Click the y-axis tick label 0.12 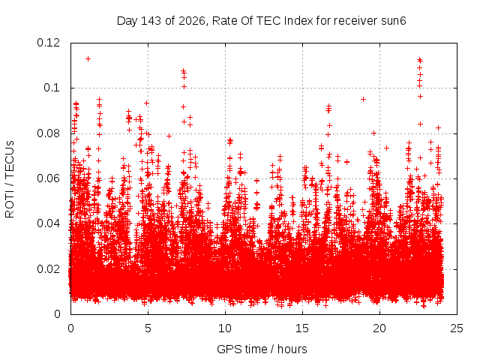tap(48, 43)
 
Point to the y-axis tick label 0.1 tap(52, 88)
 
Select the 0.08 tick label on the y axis tap(48, 133)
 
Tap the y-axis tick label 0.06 tap(48, 178)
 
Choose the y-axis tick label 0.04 tap(48, 223)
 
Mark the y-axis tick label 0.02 tap(48, 269)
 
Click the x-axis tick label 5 tap(148, 328)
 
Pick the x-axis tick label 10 tap(225, 328)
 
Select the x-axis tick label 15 tap(302, 328)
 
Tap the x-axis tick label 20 tap(379, 328)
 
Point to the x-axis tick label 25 tap(457, 328)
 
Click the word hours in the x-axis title tap(292, 349)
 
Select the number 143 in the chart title tap(151, 21)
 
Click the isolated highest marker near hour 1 tap(88, 58)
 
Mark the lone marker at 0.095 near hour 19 tap(363, 99)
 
